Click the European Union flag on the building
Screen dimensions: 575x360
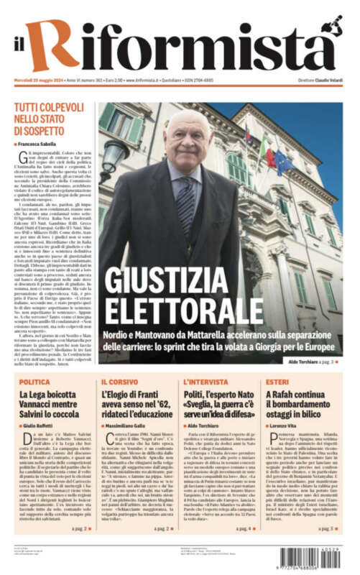[x=301, y=160]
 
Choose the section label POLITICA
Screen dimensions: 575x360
[x=34, y=382]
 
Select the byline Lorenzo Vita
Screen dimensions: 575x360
[x=285, y=426]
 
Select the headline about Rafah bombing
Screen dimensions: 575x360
[x=298, y=404]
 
